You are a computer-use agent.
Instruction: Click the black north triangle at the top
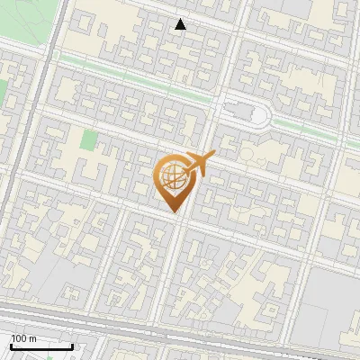click(x=181, y=24)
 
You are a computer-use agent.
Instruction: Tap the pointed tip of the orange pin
click(x=174, y=213)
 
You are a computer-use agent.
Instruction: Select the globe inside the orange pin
click(x=172, y=176)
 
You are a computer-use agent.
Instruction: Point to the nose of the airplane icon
click(x=212, y=155)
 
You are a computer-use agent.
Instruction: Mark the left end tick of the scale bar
click(x=11, y=346)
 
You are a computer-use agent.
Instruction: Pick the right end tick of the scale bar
click(x=73, y=346)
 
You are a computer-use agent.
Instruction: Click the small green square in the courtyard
click(x=88, y=140)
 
